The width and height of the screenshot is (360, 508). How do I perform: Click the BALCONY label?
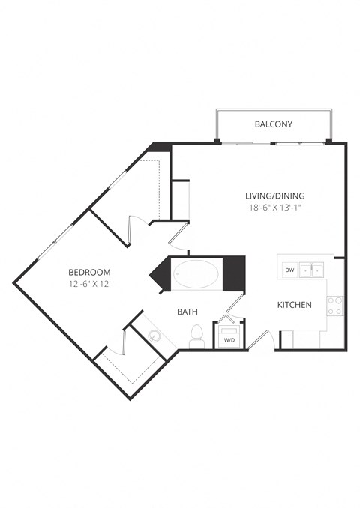[273, 124]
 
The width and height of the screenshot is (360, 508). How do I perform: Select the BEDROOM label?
[89, 272]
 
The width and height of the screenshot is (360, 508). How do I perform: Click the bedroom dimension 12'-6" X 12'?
[89, 285]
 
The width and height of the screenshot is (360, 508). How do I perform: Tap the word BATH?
[187, 311]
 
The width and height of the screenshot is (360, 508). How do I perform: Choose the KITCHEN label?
[295, 305]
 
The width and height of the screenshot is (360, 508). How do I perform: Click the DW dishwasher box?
[289, 269]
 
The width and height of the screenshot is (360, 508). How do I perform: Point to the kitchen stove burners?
[335, 305]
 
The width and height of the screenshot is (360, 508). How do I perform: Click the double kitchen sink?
[312, 269]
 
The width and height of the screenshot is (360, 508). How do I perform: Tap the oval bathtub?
[197, 275]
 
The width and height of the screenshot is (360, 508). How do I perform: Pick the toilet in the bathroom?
[197, 336]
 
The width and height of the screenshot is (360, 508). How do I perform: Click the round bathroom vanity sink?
[154, 336]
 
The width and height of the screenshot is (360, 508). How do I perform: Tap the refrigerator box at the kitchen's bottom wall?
[304, 339]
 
